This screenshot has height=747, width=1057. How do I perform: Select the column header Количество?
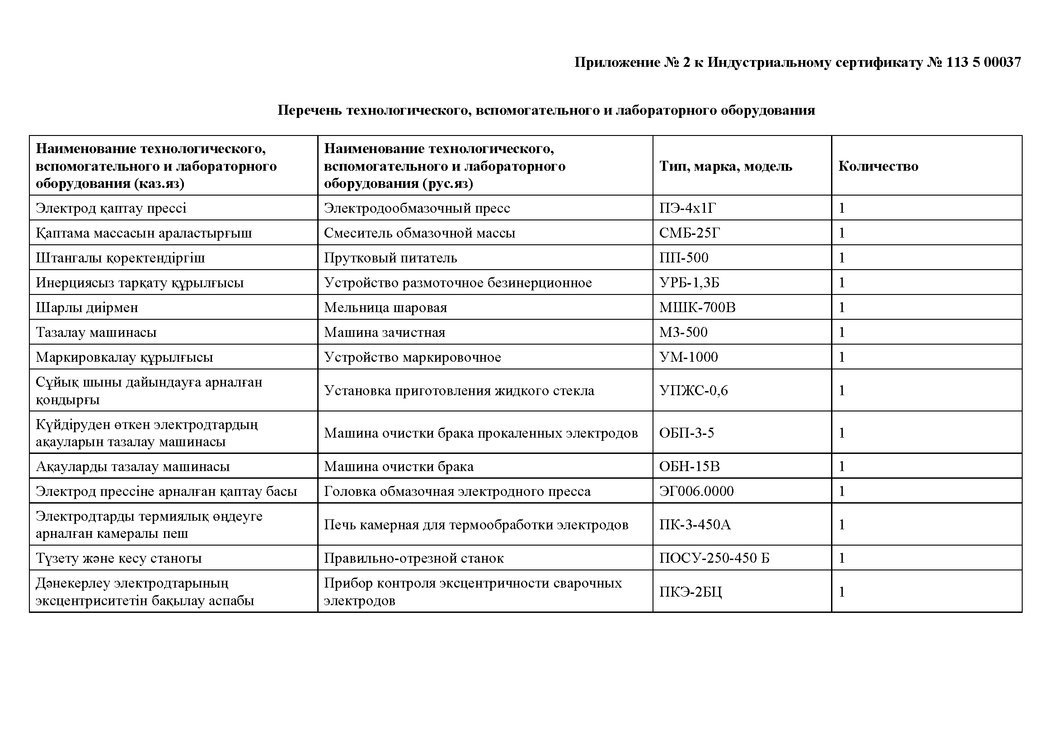click(878, 166)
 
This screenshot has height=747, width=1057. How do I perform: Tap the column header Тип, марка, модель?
click(726, 166)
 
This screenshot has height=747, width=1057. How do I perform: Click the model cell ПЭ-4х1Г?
click(688, 208)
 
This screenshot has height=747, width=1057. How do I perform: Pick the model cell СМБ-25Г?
click(689, 233)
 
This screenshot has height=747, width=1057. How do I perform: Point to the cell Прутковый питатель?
click(390, 258)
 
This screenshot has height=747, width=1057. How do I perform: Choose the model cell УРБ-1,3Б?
click(689, 283)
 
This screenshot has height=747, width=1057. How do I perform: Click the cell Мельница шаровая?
click(385, 308)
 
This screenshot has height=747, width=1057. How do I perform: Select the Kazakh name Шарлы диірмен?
click(87, 308)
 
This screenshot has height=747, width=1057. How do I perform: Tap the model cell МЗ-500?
click(683, 332)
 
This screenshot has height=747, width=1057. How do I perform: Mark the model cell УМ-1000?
click(688, 357)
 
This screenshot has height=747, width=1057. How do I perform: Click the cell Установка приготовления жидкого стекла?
click(459, 391)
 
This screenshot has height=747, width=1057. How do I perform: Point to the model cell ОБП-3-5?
click(686, 433)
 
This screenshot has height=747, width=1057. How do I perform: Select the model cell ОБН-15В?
click(689, 467)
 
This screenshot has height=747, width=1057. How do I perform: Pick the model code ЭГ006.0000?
click(696, 492)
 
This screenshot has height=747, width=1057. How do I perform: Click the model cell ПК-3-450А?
click(695, 525)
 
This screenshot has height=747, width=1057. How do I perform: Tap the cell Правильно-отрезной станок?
click(413, 558)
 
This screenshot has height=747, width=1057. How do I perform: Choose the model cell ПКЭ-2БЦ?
click(690, 592)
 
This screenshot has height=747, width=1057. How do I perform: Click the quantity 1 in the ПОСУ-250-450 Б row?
click(842, 558)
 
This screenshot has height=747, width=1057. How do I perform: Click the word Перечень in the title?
click(310, 110)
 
